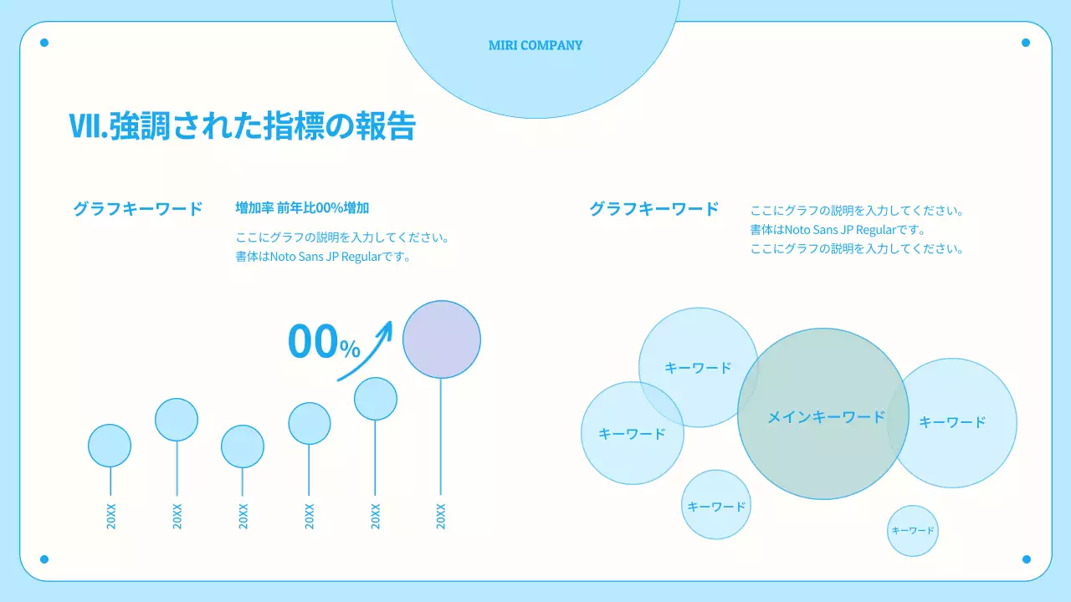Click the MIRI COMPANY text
tap(535, 45)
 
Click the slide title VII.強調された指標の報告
tap(243, 125)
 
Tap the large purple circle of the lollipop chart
tap(442, 339)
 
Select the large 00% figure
tap(323, 342)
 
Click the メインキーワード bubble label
tap(826, 416)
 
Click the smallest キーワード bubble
tap(913, 530)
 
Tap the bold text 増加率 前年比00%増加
tap(302, 208)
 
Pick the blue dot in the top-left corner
tap(44, 43)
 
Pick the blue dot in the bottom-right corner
tap(1026, 559)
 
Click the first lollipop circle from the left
tap(110, 446)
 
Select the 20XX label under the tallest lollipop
tap(441, 517)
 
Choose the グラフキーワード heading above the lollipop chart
tap(138, 209)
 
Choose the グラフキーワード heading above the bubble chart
tap(654, 209)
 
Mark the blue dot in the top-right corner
tap(1026, 43)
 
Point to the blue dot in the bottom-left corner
tap(44, 559)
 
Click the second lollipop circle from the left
tap(177, 420)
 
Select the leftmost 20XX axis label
tap(110, 517)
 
